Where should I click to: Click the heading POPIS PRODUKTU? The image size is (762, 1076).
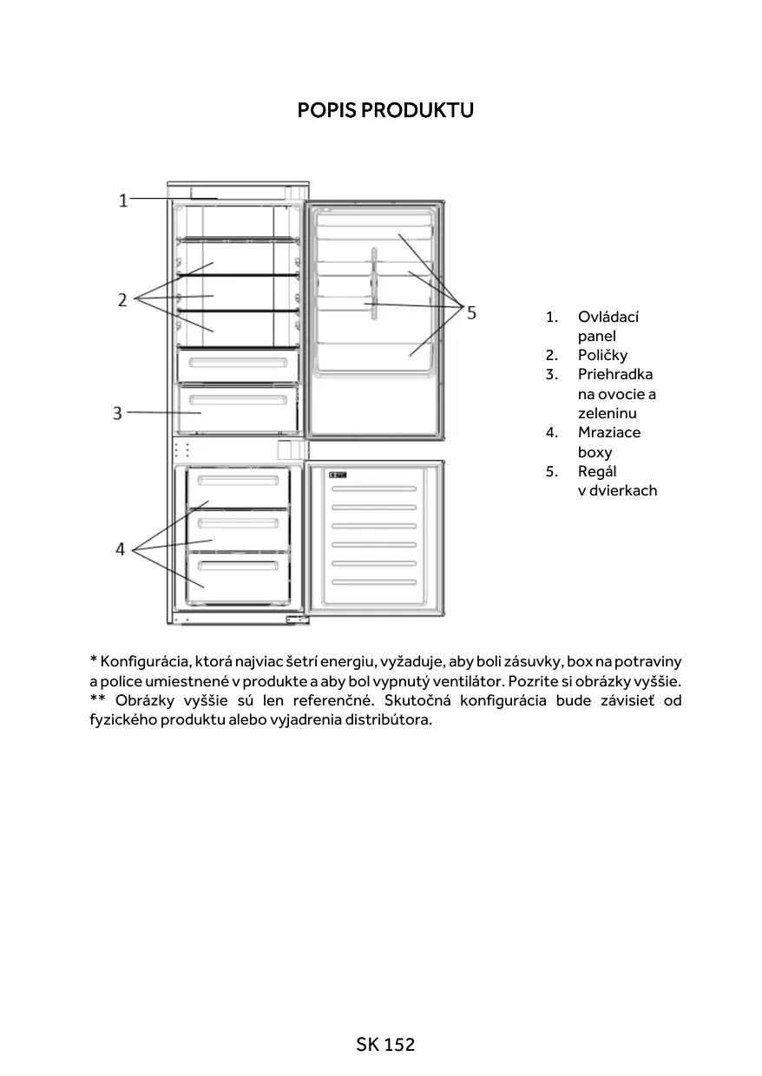coord(385,111)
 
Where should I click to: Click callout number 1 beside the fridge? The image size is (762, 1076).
coord(123,200)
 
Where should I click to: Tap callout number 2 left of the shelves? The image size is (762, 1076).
coord(123,299)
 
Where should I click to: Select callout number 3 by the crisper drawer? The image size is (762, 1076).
coord(117,413)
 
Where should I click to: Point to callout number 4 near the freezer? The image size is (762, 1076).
coord(121,548)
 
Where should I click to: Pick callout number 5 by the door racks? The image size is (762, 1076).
coord(471,312)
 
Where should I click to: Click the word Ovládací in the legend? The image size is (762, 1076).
coord(608,317)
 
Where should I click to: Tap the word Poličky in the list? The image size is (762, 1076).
coord(602,355)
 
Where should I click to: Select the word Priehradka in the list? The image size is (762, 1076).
coord(615,374)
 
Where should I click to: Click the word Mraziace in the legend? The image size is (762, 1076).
coord(609,432)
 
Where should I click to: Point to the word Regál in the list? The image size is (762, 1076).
coord(597,471)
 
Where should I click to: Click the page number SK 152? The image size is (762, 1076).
coord(385,1045)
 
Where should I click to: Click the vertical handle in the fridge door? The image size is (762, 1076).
coord(373,284)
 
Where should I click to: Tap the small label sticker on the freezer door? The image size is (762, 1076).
coord(338,475)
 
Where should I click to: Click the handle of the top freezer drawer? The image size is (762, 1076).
coord(239,480)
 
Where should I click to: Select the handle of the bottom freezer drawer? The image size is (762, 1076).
coord(239,566)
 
